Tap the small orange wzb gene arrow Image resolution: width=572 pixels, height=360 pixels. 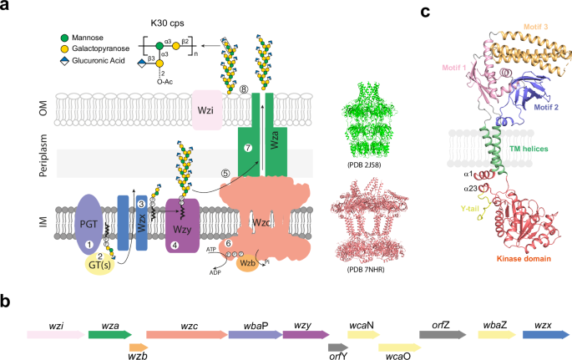pos(139,345)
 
